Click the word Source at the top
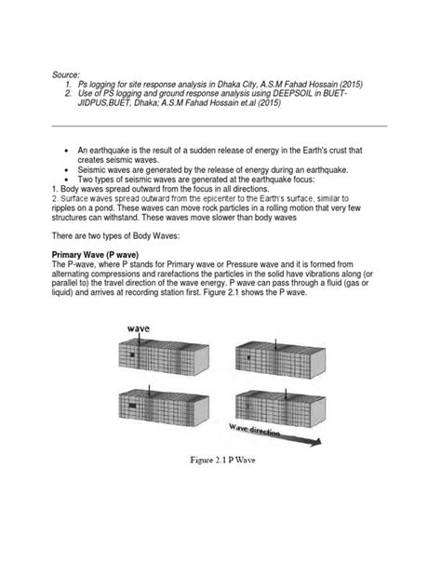(66, 74)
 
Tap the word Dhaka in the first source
(228, 84)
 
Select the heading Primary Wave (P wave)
(95, 255)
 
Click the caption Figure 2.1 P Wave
(222, 461)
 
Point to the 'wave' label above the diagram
(138, 328)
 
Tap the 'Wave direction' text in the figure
(255, 430)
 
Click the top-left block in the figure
(164, 358)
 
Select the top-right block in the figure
(280, 360)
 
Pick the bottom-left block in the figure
(164, 408)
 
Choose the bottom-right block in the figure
(280, 409)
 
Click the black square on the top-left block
(132, 354)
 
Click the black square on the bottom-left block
(132, 406)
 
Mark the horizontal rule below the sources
(220, 127)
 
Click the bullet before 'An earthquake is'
(67, 151)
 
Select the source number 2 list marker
(68, 93)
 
